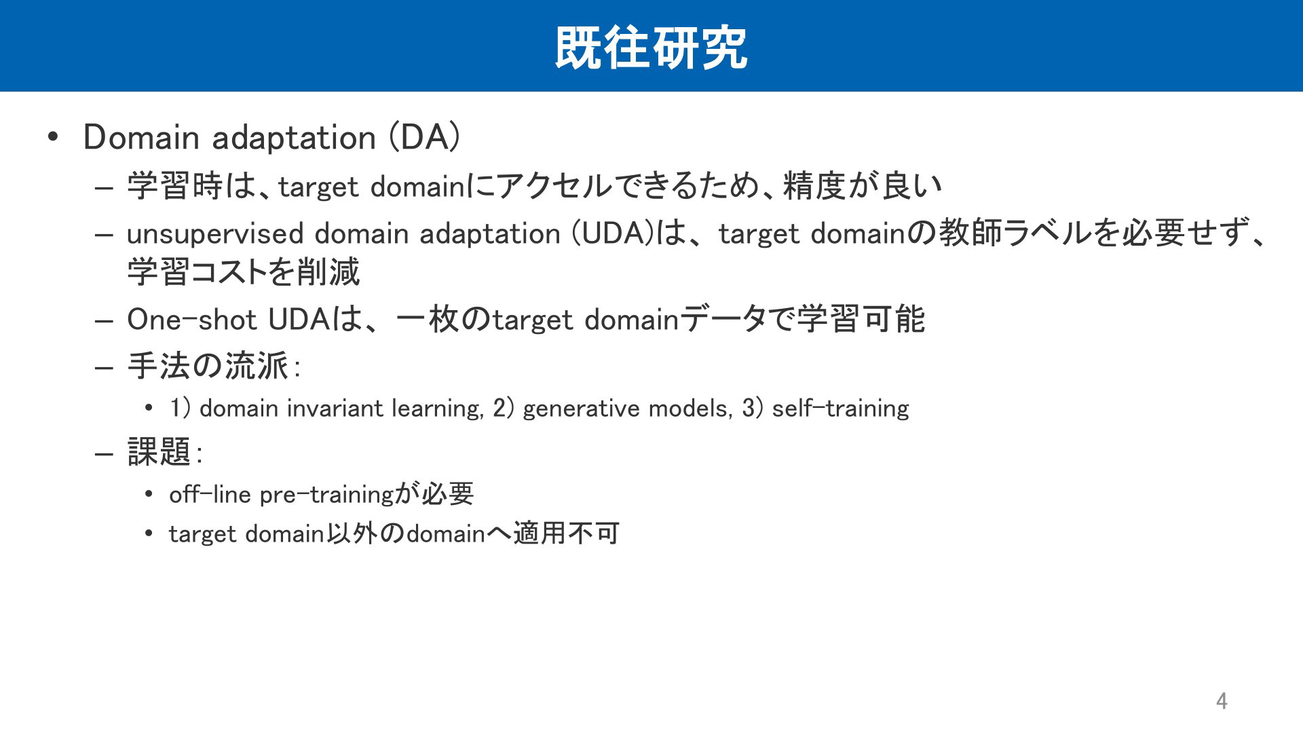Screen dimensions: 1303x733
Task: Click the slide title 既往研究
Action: [651, 48]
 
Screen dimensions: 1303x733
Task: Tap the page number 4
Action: [1222, 700]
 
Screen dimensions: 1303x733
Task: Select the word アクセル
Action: [555, 186]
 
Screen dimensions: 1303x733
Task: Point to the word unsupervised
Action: [215, 234]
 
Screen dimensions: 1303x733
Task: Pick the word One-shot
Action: [191, 320]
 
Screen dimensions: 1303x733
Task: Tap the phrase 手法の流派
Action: [208, 366]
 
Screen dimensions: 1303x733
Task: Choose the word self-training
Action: [840, 409]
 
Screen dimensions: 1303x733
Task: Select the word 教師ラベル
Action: [1015, 233]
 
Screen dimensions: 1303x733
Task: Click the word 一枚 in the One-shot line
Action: [428, 320]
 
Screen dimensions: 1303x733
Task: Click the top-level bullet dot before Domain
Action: [53, 138]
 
